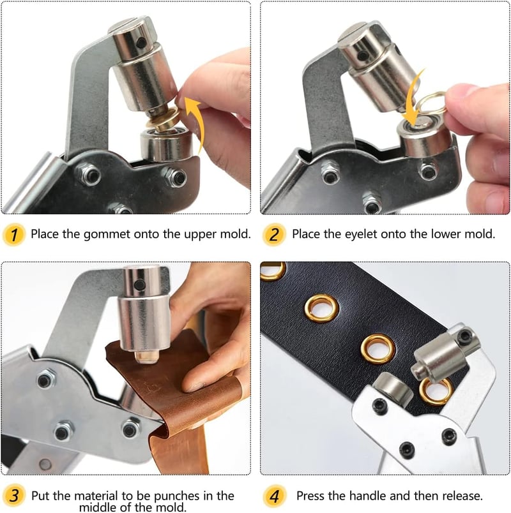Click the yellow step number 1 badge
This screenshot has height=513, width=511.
click(x=14, y=234)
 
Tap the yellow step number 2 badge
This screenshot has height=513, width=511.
click(x=274, y=234)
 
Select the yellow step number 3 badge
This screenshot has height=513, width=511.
click(x=14, y=496)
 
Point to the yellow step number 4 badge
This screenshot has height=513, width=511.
click(x=275, y=496)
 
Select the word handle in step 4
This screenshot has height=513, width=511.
click(x=368, y=496)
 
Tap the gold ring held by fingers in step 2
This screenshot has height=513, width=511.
click(x=432, y=103)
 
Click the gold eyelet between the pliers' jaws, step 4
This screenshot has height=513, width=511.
click(x=436, y=391)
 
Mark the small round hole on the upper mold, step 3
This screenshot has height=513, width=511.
click(x=140, y=285)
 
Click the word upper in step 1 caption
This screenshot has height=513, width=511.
click(x=199, y=235)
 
